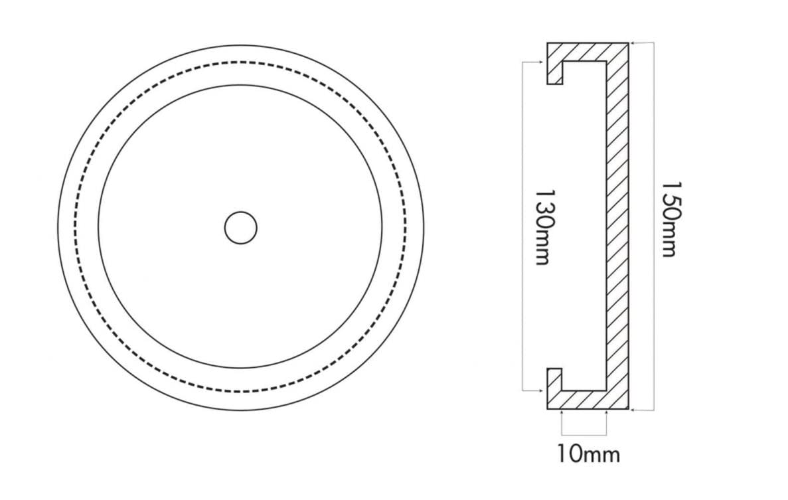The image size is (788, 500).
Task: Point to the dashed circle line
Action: tap(241, 62)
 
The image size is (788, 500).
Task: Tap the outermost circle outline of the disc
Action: tap(241, 46)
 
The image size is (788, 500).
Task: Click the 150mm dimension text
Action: tap(671, 220)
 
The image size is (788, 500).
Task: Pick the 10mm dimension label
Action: tap(588, 454)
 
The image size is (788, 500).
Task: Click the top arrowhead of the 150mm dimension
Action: tap(632, 43)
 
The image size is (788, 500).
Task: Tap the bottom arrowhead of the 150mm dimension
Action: tap(632, 410)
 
